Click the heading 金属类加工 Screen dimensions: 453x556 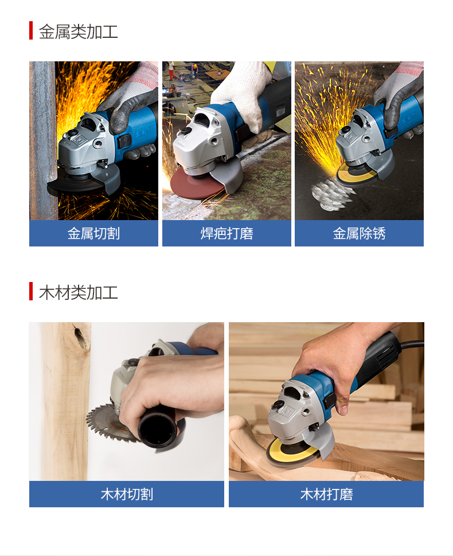(x=78, y=32)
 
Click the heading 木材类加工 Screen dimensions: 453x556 (x=78, y=292)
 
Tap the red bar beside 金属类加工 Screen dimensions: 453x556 (x=31, y=30)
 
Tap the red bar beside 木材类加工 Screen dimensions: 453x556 (x=31, y=291)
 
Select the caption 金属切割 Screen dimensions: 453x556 (x=93, y=233)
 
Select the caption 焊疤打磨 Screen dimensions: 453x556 (x=226, y=233)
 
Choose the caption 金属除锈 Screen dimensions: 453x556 (x=359, y=233)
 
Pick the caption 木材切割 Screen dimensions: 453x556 (x=127, y=494)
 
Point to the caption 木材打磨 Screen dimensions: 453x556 (x=326, y=494)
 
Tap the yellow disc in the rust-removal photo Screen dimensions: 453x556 (x=355, y=174)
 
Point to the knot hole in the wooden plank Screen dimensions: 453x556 (x=81, y=336)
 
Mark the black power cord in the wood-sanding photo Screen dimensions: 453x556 (x=412, y=343)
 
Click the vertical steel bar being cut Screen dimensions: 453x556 (x=42, y=140)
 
